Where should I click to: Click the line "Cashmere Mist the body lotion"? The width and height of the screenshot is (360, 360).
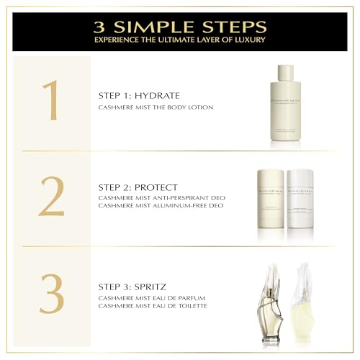(156, 107)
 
